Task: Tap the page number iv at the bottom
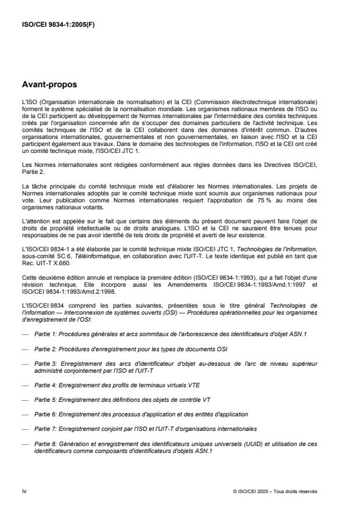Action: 23,491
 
